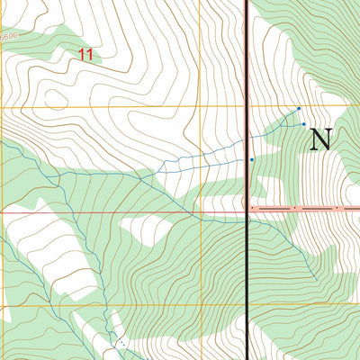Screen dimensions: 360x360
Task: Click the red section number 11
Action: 85,55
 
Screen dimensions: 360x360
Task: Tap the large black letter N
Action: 320,139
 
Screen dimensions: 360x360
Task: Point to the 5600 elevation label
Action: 9,36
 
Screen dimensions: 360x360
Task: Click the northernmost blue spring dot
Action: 299,108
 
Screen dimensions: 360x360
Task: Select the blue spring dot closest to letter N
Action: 304,124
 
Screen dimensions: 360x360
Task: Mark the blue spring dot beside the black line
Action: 252,159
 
